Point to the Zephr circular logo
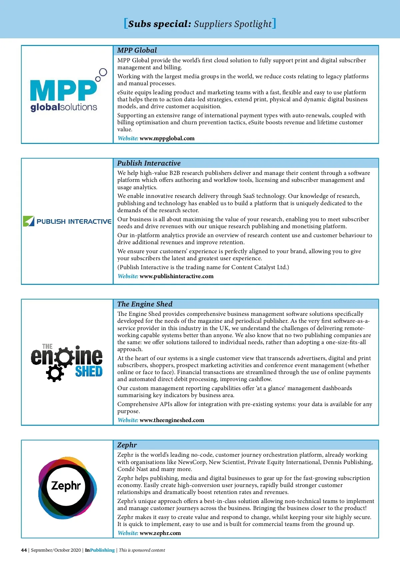[x=67, y=487]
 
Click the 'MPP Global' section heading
[x=137, y=50]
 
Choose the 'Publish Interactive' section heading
[x=149, y=163]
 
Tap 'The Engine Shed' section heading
[x=145, y=304]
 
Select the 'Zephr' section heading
[x=127, y=445]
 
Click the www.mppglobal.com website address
[x=167, y=138]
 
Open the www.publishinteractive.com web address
[x=176, y=276]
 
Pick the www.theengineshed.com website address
[x=172, y=420]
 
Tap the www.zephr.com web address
[x=160, y=533]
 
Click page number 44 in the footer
[x=24, y=550]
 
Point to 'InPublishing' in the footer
[x=100, y=550]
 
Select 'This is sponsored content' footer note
[x=142, y=550]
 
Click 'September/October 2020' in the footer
[x=56, y=550]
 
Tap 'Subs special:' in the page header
[x=160, y=24]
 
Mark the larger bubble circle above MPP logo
[x=103, y=72]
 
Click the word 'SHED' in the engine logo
[x=89, y=371]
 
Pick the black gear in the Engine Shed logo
[x=55, y=373]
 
